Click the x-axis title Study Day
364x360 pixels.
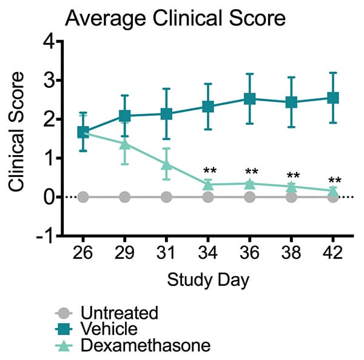click(207, 280)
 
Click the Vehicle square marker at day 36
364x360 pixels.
click(249, 99)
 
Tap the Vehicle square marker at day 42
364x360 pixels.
click(332, 98)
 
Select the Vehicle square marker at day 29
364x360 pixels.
click(125, 116)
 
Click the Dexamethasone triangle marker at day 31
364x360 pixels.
click(166, 164)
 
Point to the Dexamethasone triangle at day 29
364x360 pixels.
click(125, 144)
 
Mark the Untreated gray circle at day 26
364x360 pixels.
click(83, 197)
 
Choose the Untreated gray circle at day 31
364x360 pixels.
click(166, 197)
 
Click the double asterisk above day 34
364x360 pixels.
click(210, 172)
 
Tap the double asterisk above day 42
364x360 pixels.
click(334, 181)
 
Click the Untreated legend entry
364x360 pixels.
click(119, 313)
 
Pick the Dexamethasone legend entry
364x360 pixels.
click(144, 345)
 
